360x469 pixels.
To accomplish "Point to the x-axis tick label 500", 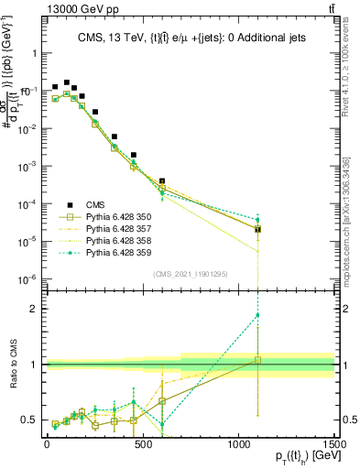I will (142, 444).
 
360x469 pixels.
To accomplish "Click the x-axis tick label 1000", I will (238, 444).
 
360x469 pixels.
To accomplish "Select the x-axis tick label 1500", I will (333, 444).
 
